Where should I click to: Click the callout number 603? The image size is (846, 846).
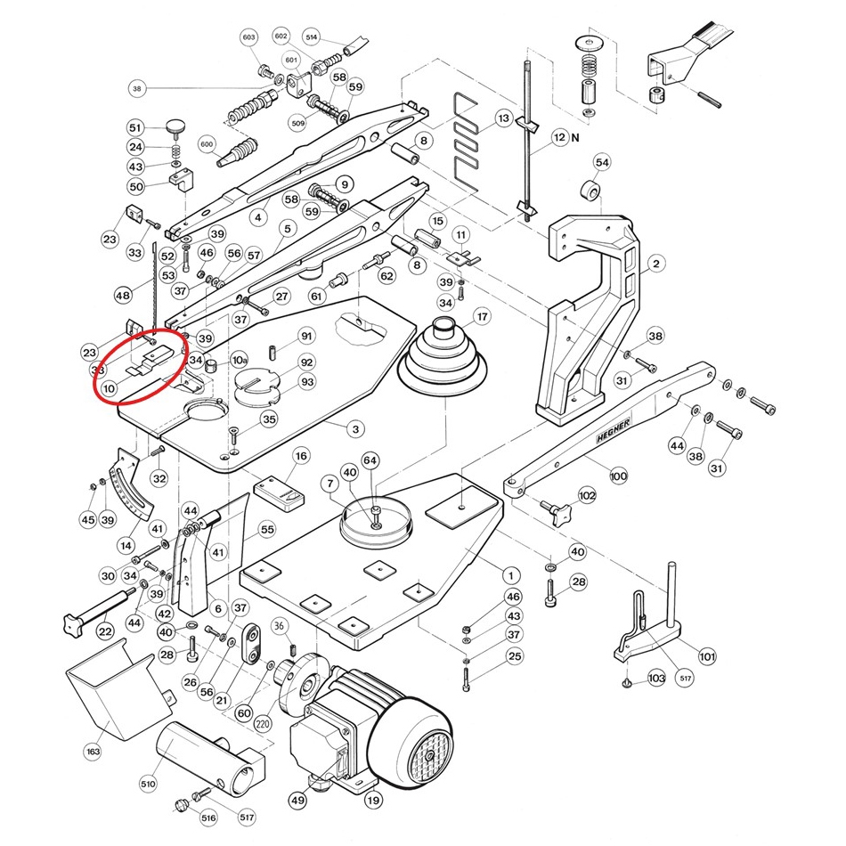pos(248,37)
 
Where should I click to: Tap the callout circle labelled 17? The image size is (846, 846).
pos(482,316)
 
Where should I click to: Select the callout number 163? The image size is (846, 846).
pos(94,752)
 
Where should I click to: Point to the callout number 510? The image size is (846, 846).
pos(148,785)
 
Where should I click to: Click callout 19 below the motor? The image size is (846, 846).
pos(373,800)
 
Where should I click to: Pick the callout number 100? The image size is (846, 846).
pos(618,476)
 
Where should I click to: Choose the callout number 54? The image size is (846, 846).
pos(602,162)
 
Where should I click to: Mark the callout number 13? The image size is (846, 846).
pos(503,118)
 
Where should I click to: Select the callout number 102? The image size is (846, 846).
pos(587,494)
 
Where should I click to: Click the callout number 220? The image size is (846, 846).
pos(262,724)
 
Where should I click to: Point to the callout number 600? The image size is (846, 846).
pos(207,144)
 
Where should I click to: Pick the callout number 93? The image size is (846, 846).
pos(307,382)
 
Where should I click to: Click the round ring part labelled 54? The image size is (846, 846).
pos(590,192)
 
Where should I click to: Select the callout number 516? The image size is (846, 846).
pos(207,818)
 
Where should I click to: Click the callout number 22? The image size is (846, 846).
pos(105,631)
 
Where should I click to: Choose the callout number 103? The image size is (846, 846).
pos(656,679)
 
